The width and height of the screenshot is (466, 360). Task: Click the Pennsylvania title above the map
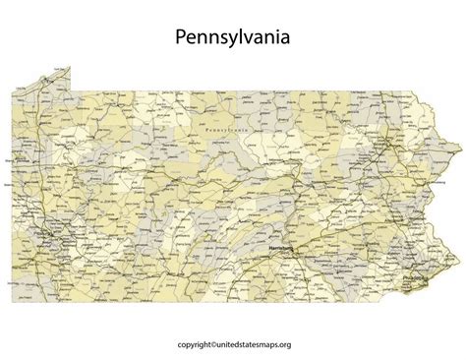[x=233, y=38]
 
